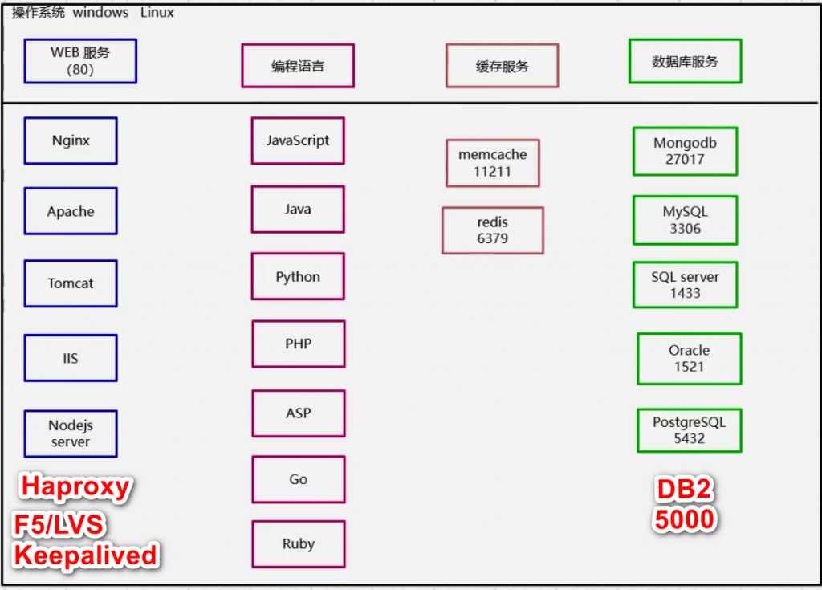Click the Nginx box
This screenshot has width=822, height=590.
(71, 140)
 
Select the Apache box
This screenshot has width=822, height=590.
(71, 211)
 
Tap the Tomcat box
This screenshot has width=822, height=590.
(71, 283)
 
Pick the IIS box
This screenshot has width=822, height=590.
(71, 358)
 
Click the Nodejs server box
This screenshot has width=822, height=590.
(71, 433)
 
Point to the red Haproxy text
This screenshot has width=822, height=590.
(75, 487)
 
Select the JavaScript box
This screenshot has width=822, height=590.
(298, 140)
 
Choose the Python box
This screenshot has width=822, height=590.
(298, 276)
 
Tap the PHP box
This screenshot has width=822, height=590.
(299, 344)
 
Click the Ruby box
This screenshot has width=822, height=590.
(299, 544)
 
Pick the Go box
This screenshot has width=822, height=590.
(299, 479)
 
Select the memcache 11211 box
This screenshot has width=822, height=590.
(493, 163)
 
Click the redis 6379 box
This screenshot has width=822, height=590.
(493, 230)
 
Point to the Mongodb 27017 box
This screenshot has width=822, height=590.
(686, 151)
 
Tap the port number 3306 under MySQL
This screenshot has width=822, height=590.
(686, 229)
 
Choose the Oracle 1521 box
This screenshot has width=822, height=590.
(690, 359)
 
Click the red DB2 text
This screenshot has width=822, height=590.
(684, 490)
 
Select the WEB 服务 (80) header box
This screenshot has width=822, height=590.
(80, 61)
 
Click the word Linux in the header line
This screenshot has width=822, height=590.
(157, 13)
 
